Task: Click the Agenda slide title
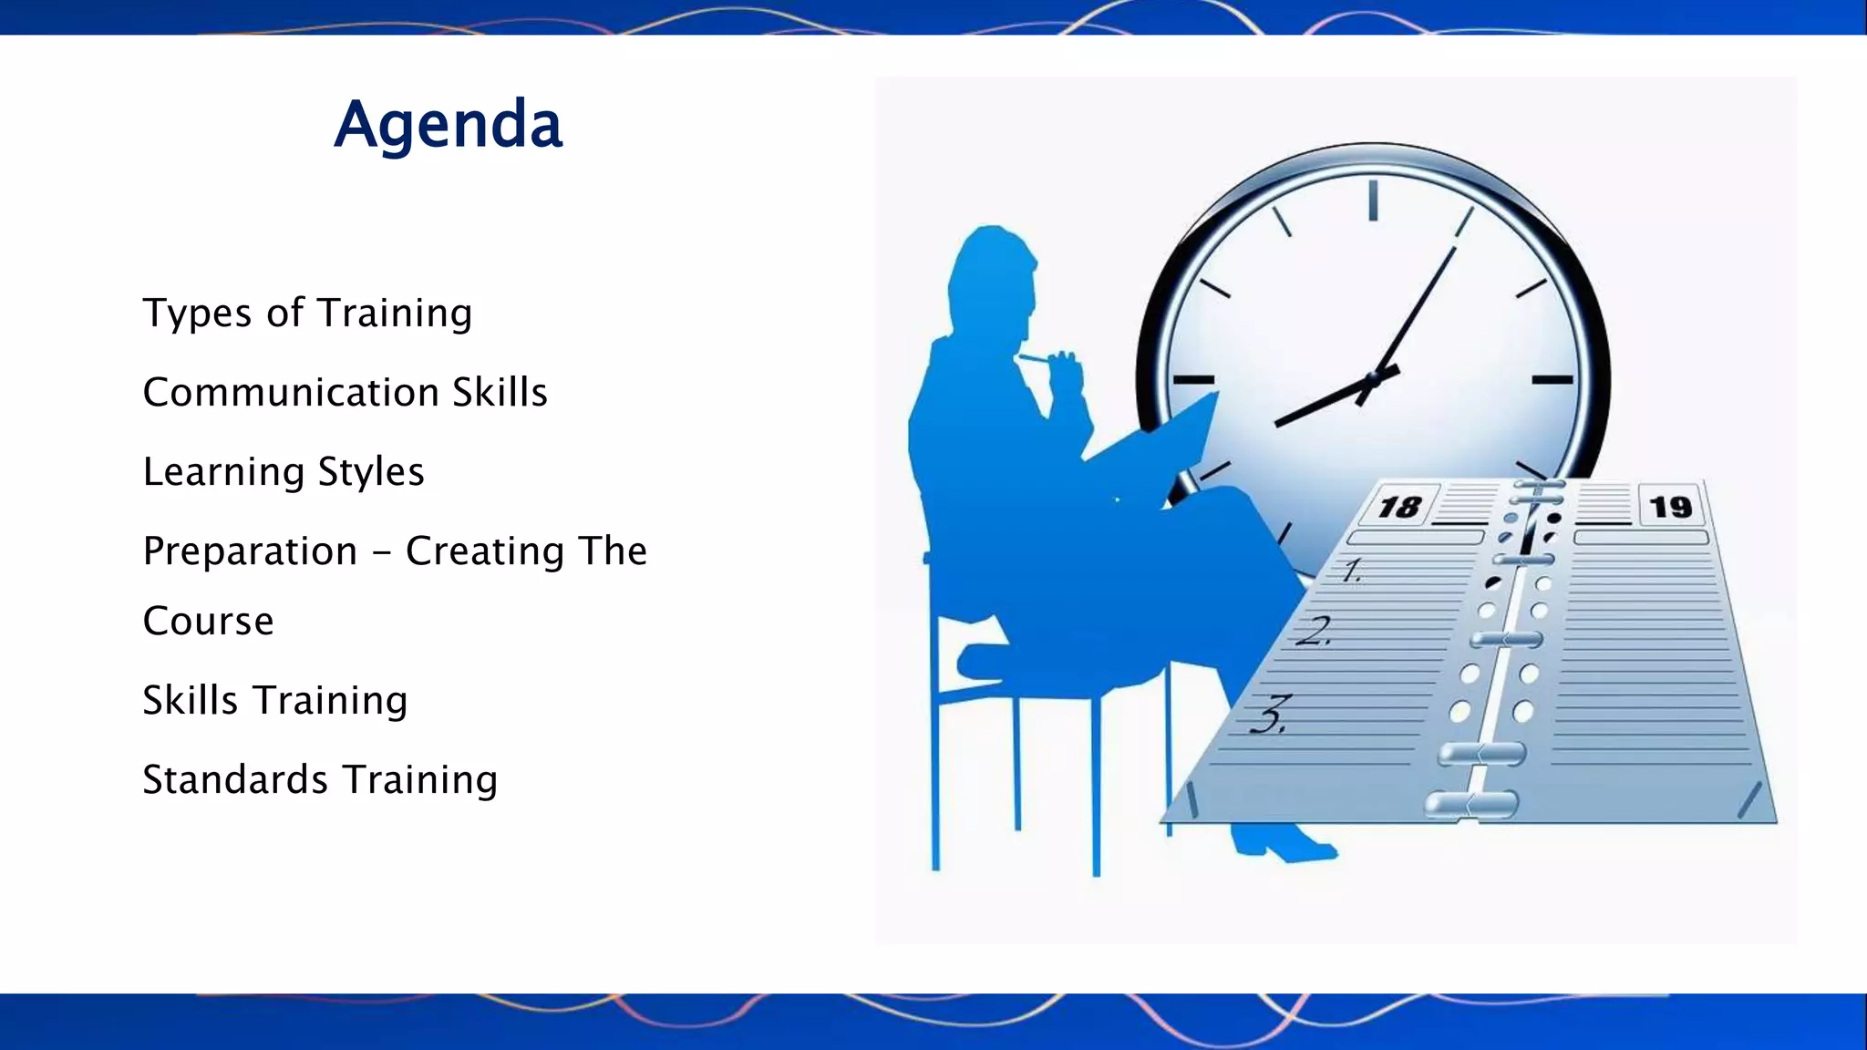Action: (448, 125)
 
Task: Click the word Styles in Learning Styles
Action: (370, 472)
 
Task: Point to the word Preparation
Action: (250, 551)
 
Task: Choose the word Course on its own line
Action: (208, 622)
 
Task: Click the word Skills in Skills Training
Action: (190, 701)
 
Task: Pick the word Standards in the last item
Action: (235, 780)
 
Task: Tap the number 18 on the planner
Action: (1399, 507)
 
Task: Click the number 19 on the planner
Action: (1670, 507)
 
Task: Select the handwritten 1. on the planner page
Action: (1352, 571)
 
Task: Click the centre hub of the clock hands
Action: (1372, 378)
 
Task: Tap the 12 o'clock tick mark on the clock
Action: (1372, 201)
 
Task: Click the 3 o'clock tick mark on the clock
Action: (1552, 379)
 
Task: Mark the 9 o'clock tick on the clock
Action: (1193, 379)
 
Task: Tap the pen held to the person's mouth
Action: (1039, 359)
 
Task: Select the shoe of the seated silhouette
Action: (1285, 844)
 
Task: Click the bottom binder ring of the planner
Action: (1470, 804)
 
